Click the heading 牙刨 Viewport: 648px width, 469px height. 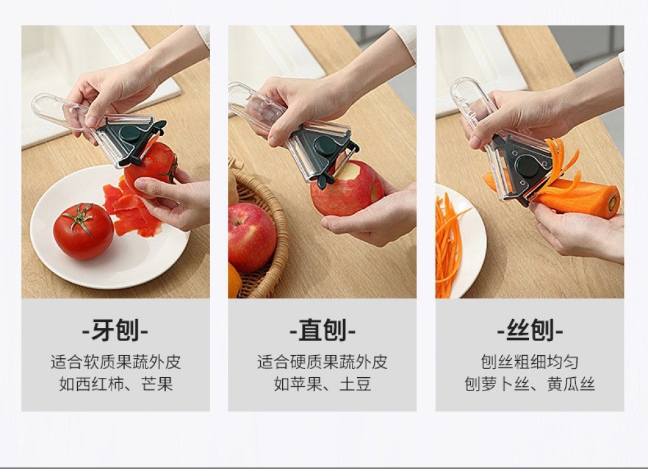[115, 330]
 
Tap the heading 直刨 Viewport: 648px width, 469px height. [322, 330]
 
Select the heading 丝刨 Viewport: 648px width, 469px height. [530, 330]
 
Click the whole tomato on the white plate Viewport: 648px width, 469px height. [84, 230]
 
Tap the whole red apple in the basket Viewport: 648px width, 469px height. [252, 237]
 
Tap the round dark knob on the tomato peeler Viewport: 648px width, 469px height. [130, 134]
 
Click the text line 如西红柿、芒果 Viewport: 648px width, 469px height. [116, 384]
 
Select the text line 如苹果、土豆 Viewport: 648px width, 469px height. [322, 384]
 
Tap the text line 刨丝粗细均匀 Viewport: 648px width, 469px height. [530, 361]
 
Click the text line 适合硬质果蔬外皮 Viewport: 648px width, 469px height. [322, 361]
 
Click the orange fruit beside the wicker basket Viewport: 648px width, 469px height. [234, 281]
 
